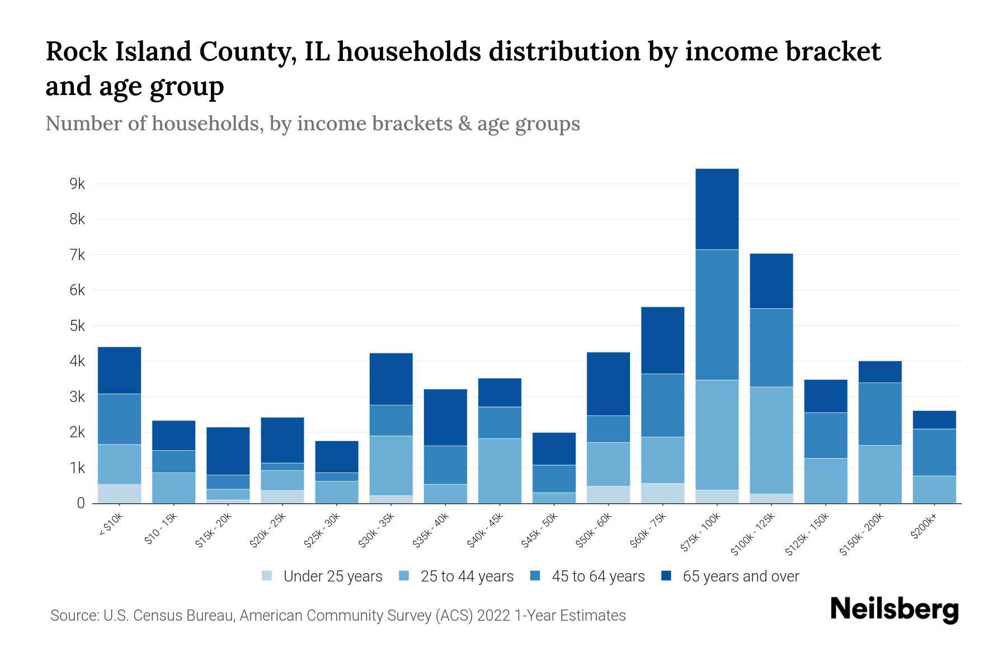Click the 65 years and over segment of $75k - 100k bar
tap(717, 209)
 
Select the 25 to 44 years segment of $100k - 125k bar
tap(771, 440)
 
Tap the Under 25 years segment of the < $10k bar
tap(119, 493)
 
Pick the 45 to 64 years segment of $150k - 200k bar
tap(880, 414)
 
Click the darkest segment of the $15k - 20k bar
tap(228, 451)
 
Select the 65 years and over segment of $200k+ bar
tap(934, 420)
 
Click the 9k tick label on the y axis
tap(77, 184)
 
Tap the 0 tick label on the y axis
tap(81, 503)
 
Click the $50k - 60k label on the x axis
tap(595, 531)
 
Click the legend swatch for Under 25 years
tap(267, 576)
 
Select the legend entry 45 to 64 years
tap(598, 577)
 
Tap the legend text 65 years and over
tap(741, 577)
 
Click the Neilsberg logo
tap(894, 609)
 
